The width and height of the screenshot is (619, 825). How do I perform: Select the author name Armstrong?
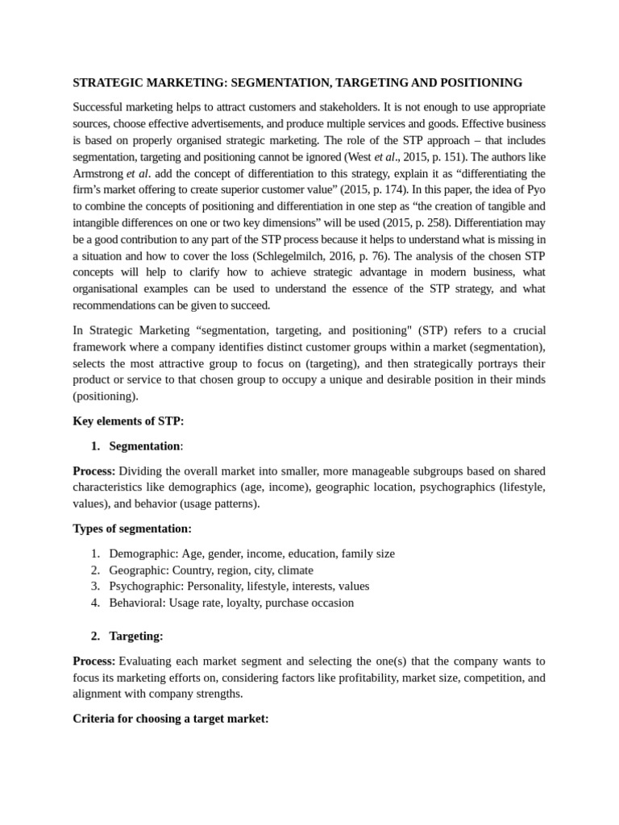tap(98, 173)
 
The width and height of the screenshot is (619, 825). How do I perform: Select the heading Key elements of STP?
tap(128, 421)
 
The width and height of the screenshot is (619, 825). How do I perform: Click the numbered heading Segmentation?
tap(145, 446)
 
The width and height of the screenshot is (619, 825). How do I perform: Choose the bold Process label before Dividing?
tap(94, 471)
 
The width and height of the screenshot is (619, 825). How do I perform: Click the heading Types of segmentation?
tap(132, 529)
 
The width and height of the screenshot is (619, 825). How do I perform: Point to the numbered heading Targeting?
tap(135, 636)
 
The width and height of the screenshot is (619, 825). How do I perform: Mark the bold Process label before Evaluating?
tap(94, 661)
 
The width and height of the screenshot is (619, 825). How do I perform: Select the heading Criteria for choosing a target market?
tap(170, 719)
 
